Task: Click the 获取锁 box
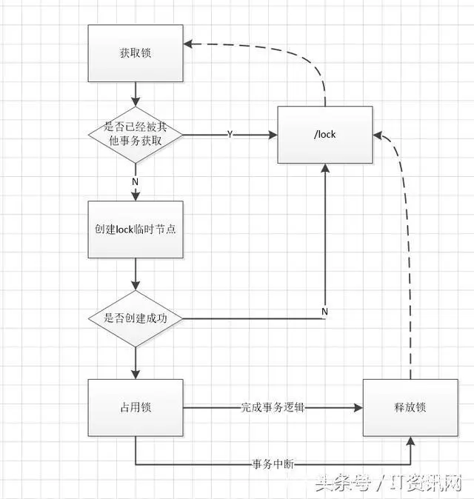click(x=136, y=53)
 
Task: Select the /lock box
click(x=324, y=135)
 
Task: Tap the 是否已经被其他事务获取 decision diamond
click(x=136, y=135)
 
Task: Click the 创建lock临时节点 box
click(x=136, y=230)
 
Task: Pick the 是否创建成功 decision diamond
click(x=136, y=319)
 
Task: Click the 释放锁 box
click(x=410, y=407)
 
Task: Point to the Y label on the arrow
click(x=230, y=135)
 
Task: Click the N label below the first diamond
click(x=136, y=179)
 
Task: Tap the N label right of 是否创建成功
click(x=324, y=312)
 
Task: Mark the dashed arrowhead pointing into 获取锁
click(x=188, y=44)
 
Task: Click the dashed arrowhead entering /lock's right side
click(x=376, y=135)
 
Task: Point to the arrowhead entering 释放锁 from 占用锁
click(x=358, y=407)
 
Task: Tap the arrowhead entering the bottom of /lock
click(x=324, y=168)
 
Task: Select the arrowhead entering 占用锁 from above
click(x=136, y=375)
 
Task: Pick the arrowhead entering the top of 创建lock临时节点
click(x=136, y=196)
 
